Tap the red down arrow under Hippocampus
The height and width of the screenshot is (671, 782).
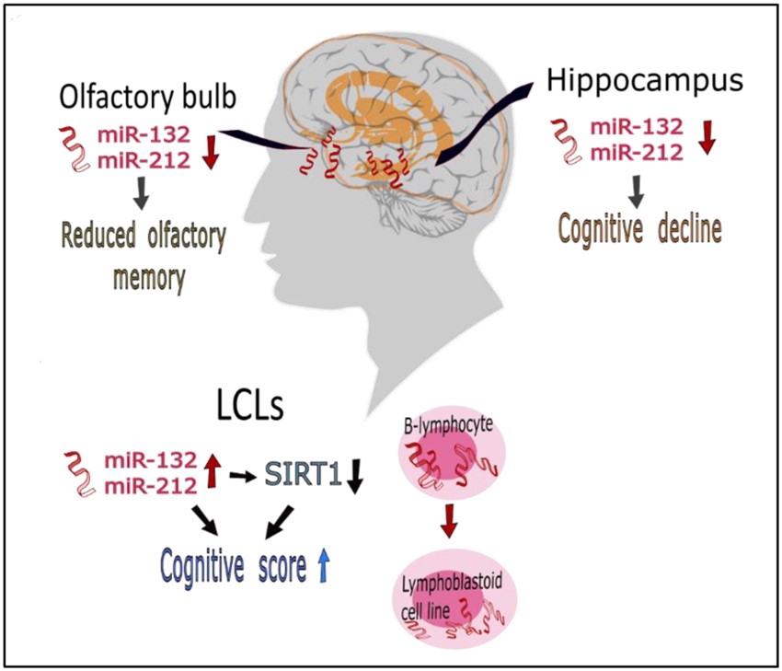pos(707,135)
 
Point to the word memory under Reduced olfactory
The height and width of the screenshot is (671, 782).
pos(150,276)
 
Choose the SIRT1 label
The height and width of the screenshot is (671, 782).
pos(302,475)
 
